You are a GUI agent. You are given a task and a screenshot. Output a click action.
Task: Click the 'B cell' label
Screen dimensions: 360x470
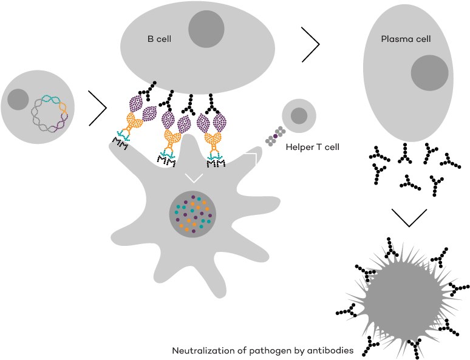[x=159, y=39]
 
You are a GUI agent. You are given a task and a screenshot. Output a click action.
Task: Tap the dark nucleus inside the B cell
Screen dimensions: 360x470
[x=210, y=29]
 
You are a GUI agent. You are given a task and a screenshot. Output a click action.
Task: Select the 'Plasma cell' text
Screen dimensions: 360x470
[x=406, y=39]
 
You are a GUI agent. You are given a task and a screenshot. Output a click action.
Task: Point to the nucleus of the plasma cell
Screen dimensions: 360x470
[x=429, y=73]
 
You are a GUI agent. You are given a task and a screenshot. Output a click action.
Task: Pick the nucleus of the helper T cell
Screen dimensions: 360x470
[x=299, y=115]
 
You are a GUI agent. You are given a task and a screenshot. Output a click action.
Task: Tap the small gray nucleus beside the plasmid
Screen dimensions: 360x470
[x=18, y=99]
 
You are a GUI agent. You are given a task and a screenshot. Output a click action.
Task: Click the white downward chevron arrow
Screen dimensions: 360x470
[x=194, y=178]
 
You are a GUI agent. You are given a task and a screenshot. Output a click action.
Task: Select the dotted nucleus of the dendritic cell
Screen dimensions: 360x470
[x=192, y=214]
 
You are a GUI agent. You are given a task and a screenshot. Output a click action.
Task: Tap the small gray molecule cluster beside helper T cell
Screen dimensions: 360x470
[x=275, y=137]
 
